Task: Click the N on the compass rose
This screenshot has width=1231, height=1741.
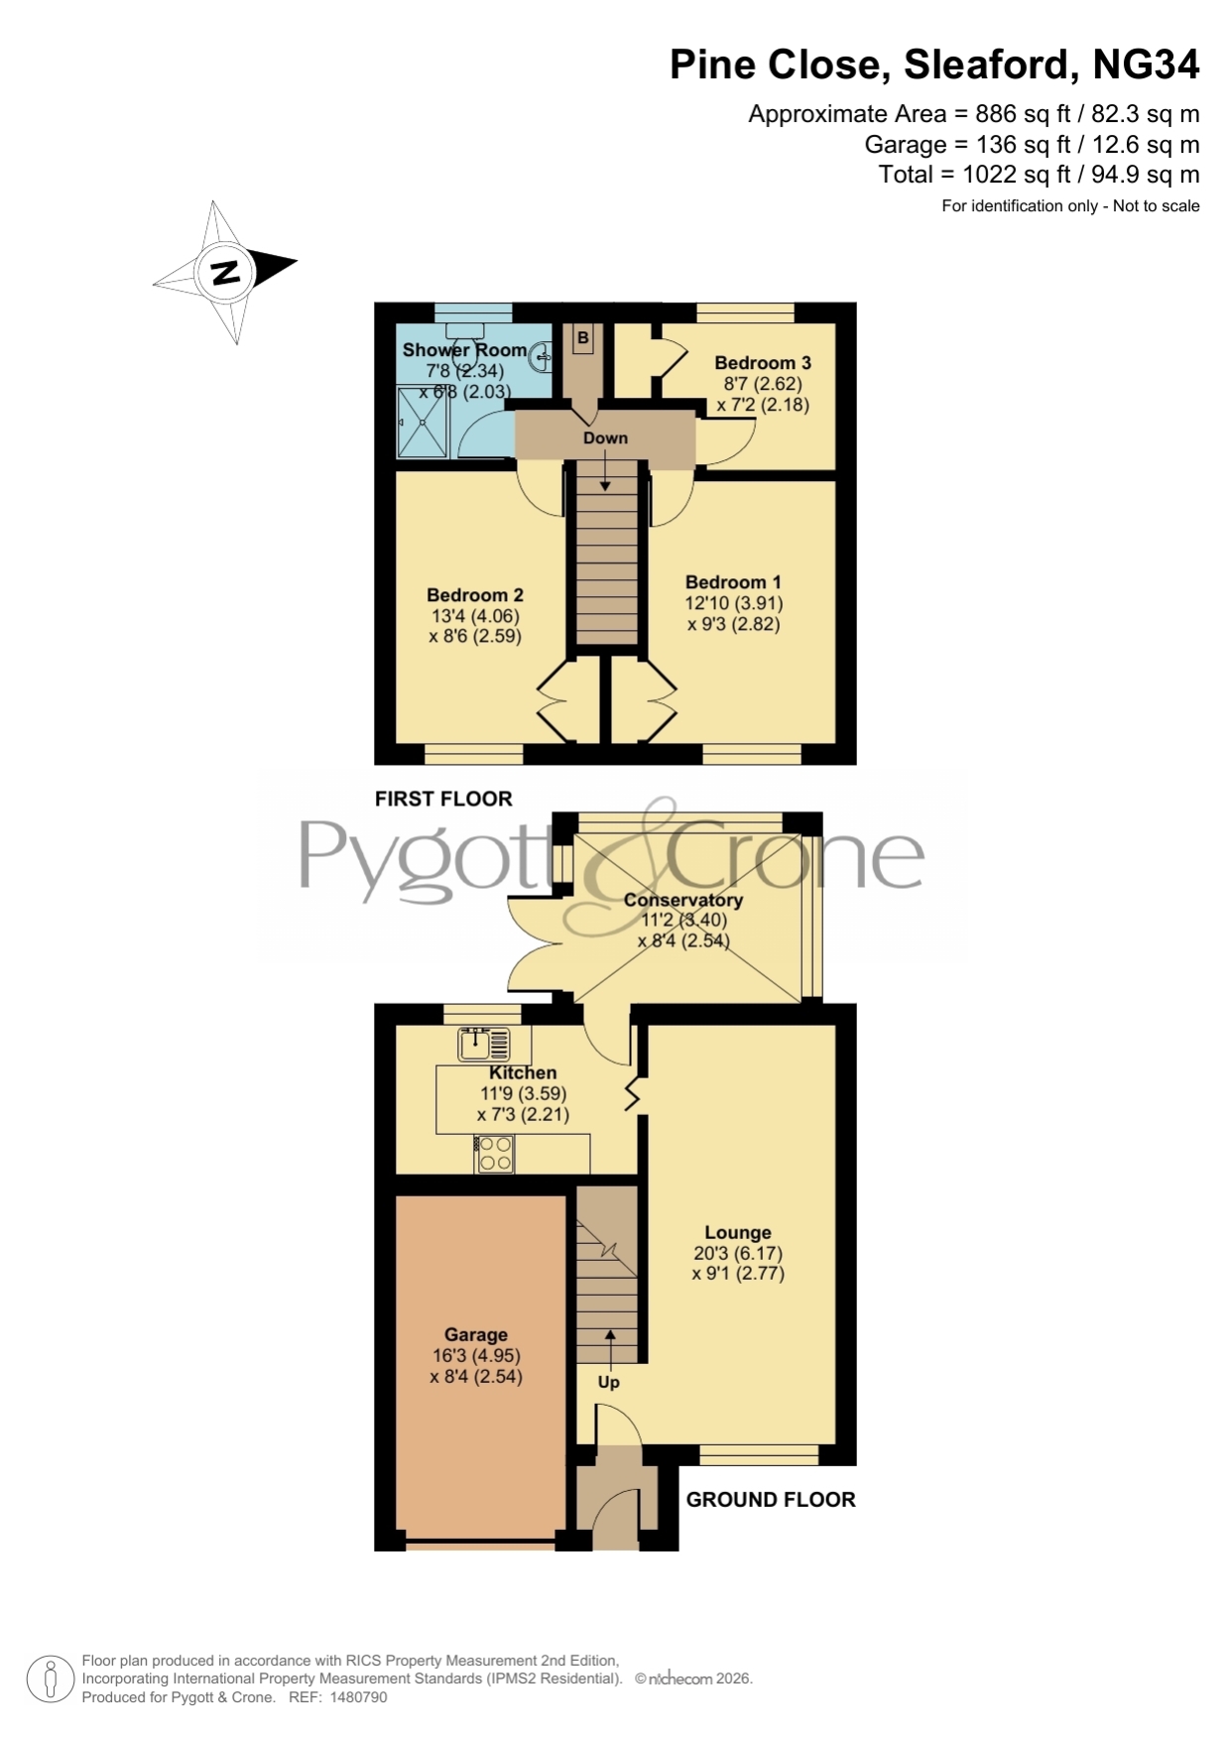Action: tap(226, 272)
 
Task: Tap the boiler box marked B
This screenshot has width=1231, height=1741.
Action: tap(583, 338)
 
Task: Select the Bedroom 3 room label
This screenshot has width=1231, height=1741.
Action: tap(763, 363)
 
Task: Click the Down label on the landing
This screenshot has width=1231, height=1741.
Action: tap(605, 437)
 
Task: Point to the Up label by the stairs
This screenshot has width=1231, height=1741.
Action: tap(608, 1382)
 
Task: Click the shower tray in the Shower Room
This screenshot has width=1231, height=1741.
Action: tap(423, 423)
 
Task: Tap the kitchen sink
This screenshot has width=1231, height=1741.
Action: tap(484, 1044)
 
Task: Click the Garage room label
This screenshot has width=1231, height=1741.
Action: tap(476, 1335)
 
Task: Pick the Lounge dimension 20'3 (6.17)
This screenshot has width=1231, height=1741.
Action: tap(738, 1253)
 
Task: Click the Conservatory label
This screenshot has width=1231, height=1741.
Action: tap(683, 900)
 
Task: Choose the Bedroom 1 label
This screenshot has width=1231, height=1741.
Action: tap(733, 582)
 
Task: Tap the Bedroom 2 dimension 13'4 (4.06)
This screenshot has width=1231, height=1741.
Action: tap(475, 616)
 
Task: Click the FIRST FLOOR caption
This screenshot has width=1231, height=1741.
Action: tap(443, 799)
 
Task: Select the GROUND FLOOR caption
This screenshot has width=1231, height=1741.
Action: tap(771, 1499)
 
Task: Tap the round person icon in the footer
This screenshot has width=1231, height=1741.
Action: tap(50, 1679)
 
